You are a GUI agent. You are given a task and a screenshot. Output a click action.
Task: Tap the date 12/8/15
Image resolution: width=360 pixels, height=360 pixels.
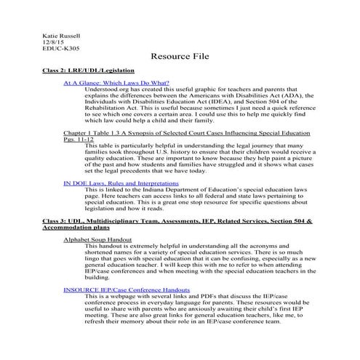coord(54,42)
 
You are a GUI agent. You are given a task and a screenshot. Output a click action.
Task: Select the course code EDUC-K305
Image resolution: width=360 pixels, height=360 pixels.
coord(61,49)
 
